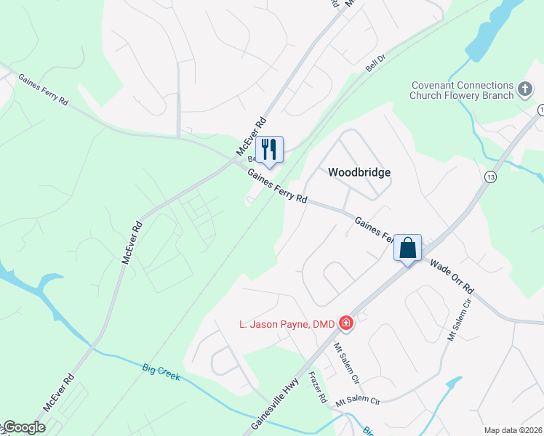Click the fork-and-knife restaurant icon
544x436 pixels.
tap(269, 149)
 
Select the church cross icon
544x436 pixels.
tap(525, 91)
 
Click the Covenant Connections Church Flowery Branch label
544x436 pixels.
tap(461, 90)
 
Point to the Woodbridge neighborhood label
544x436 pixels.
tap(359, 172)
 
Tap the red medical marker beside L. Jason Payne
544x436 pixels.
tap(345, 323)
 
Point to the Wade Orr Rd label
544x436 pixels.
tap(451, 277)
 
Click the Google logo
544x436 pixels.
tap(24, 428)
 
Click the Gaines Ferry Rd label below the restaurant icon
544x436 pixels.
tap(277, 186)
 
